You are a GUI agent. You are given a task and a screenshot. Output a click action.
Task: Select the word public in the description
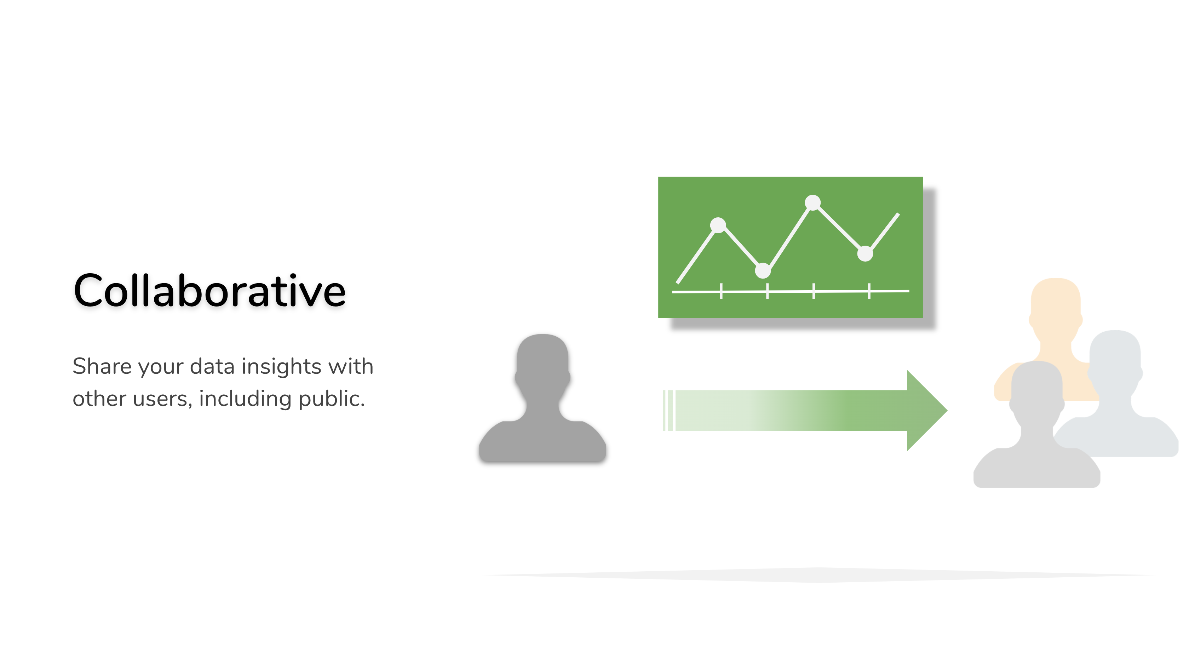coord(332,399)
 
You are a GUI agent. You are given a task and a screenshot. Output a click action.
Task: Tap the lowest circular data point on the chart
coord(763,270)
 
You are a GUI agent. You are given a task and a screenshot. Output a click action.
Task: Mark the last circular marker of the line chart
coord(865,253)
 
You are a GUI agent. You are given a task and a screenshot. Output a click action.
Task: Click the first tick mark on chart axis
coord(721,291)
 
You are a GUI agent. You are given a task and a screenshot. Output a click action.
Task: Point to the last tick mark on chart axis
coord(869,291)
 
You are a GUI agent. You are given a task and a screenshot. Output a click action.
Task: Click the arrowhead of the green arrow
coord(925,411)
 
